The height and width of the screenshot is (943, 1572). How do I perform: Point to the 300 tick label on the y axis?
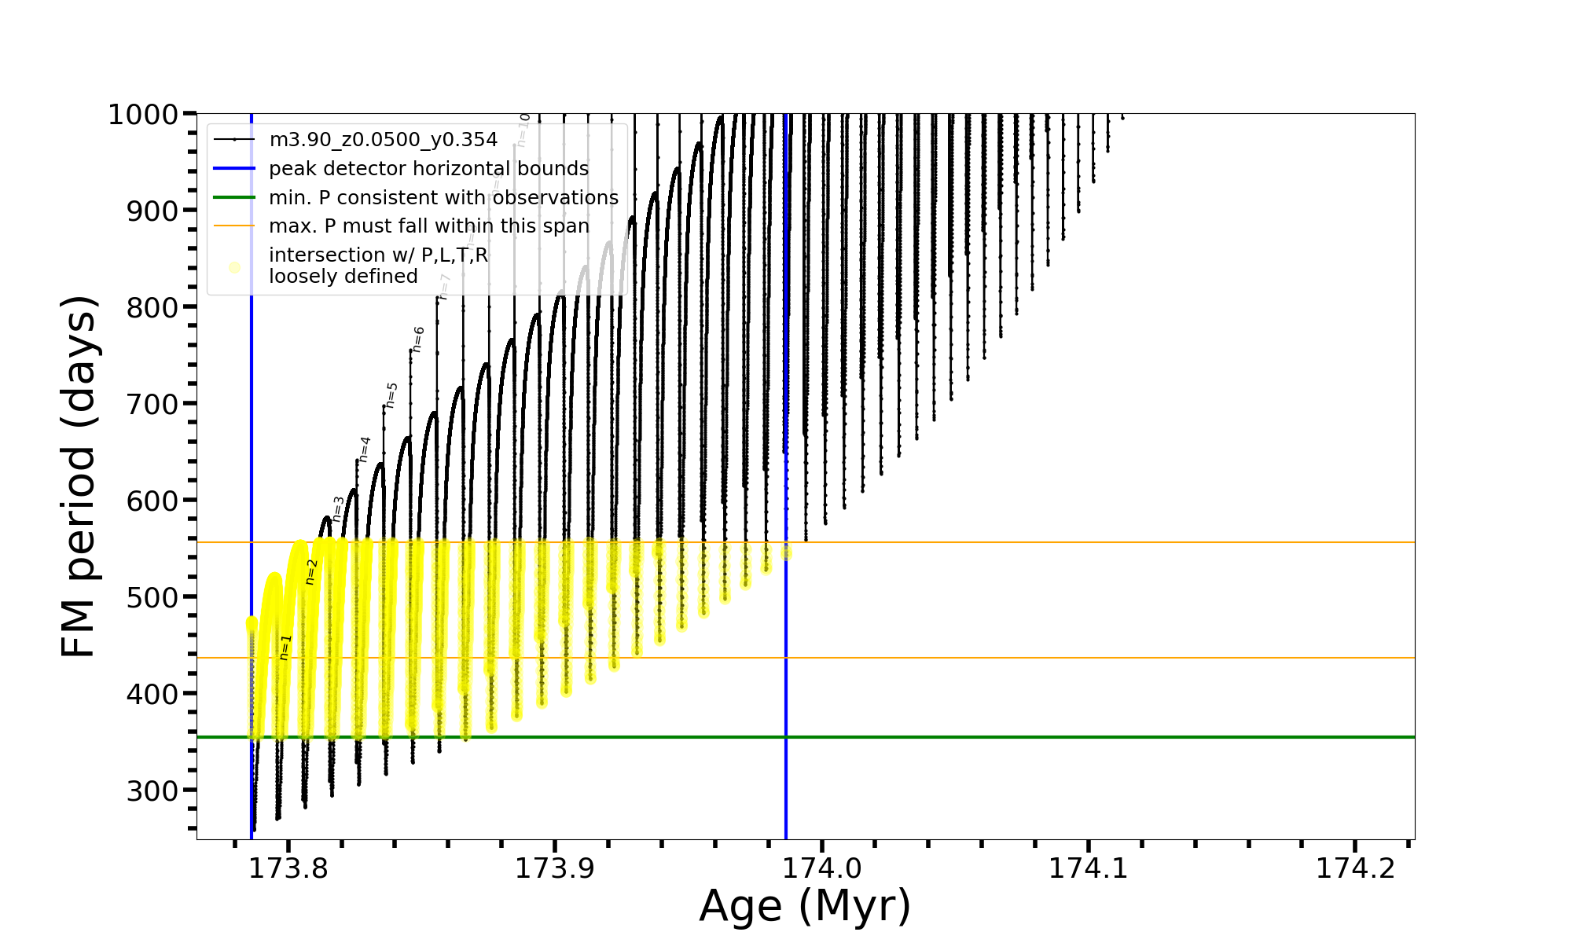tap(152, 791)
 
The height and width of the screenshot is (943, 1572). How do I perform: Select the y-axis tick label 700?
tap(152, 405)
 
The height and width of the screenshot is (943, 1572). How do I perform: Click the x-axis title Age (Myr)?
tap(805, 906)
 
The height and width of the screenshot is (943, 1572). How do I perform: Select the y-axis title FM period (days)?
tap(79, 476)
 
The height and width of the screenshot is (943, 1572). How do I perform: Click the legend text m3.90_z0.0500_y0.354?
tap(383, 140)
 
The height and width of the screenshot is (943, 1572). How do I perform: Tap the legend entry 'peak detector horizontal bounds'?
tap(428, 169)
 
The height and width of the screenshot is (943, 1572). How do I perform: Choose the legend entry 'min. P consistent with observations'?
tap(443, 198)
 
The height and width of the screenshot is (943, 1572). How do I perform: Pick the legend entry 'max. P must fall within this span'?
tap(428, 226)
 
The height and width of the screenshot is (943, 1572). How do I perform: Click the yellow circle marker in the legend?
tap(234, 268)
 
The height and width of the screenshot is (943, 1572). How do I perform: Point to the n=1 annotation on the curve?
tap(285, 648)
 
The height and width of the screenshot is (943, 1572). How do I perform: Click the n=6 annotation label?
tap(418, 339)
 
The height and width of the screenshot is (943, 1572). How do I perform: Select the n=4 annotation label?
tap(364, 449)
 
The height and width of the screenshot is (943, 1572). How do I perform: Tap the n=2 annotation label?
tap(311, 572)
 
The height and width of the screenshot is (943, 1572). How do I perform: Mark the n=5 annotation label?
tap(391, 395)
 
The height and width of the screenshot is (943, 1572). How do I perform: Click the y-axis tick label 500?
tap(152, 598)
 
